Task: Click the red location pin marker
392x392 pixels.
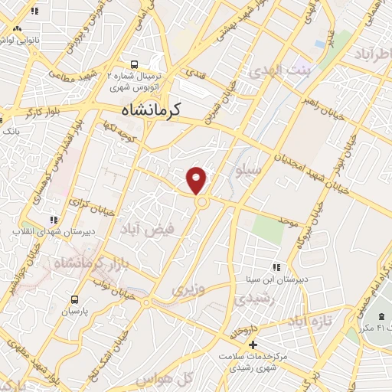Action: [x=197, y=179]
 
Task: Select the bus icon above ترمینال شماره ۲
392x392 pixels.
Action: [x=135, y=65]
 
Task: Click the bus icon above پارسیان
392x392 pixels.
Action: [x=74, y=299]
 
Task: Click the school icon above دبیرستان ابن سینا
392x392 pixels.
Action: [x=276, y=267]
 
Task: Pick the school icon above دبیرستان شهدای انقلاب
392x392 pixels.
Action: [x=53, y=220]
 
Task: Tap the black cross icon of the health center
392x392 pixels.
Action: [x=253, y=344]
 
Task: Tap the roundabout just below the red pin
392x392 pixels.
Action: [x=201, y=203]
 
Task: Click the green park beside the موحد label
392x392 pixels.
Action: [x=269, y=228]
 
